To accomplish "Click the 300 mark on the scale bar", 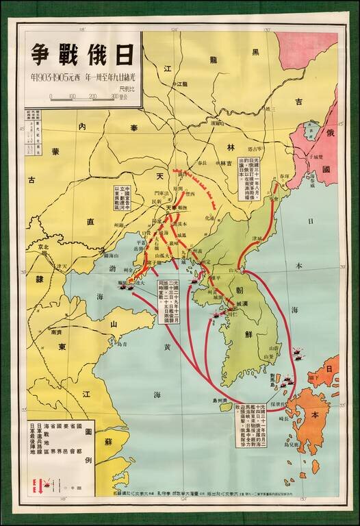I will tap(115, 97).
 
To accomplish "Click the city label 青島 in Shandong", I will tap(123, 345).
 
